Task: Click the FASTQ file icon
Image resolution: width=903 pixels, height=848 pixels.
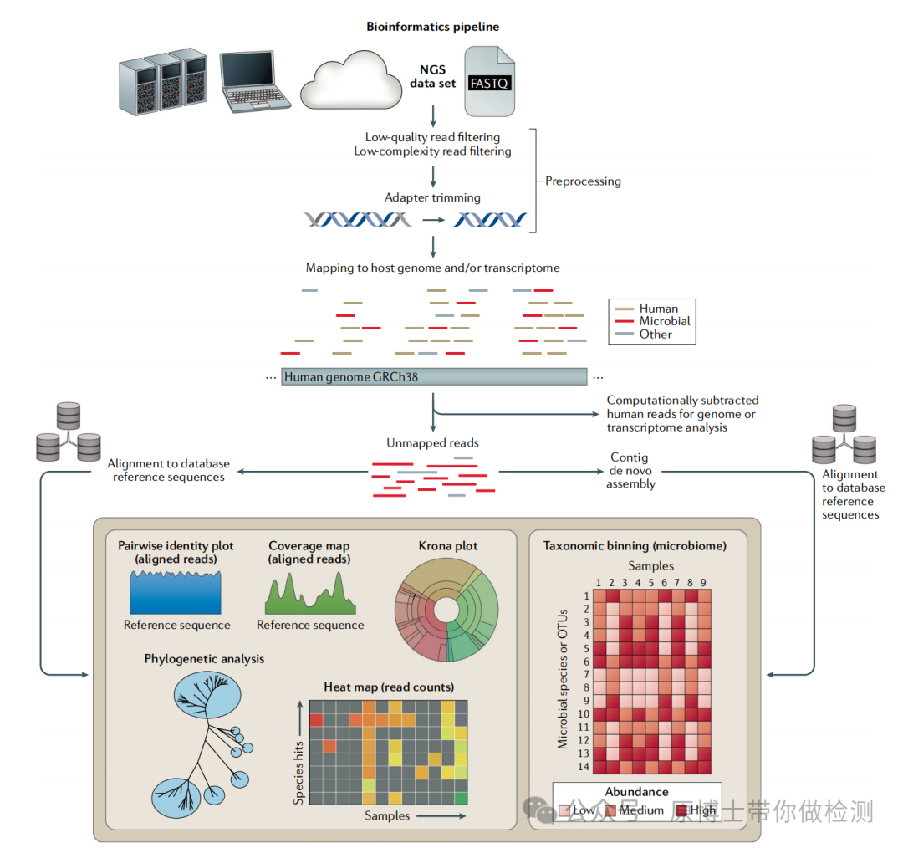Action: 490,81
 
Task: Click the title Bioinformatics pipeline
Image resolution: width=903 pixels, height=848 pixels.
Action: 432,27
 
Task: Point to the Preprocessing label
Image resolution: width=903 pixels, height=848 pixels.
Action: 583,181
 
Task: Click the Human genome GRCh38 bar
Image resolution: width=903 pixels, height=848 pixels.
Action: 434,377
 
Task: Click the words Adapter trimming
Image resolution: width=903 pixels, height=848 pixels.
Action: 432,198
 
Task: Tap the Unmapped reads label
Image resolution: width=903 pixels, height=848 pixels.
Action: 432,443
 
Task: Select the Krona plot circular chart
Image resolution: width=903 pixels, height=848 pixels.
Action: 448,610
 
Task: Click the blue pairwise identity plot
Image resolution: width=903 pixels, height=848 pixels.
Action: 176,592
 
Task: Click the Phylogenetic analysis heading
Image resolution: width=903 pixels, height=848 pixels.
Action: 204,659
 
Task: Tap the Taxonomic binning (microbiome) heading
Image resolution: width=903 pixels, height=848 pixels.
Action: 635,546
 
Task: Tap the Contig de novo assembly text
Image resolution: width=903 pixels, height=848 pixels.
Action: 630,471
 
